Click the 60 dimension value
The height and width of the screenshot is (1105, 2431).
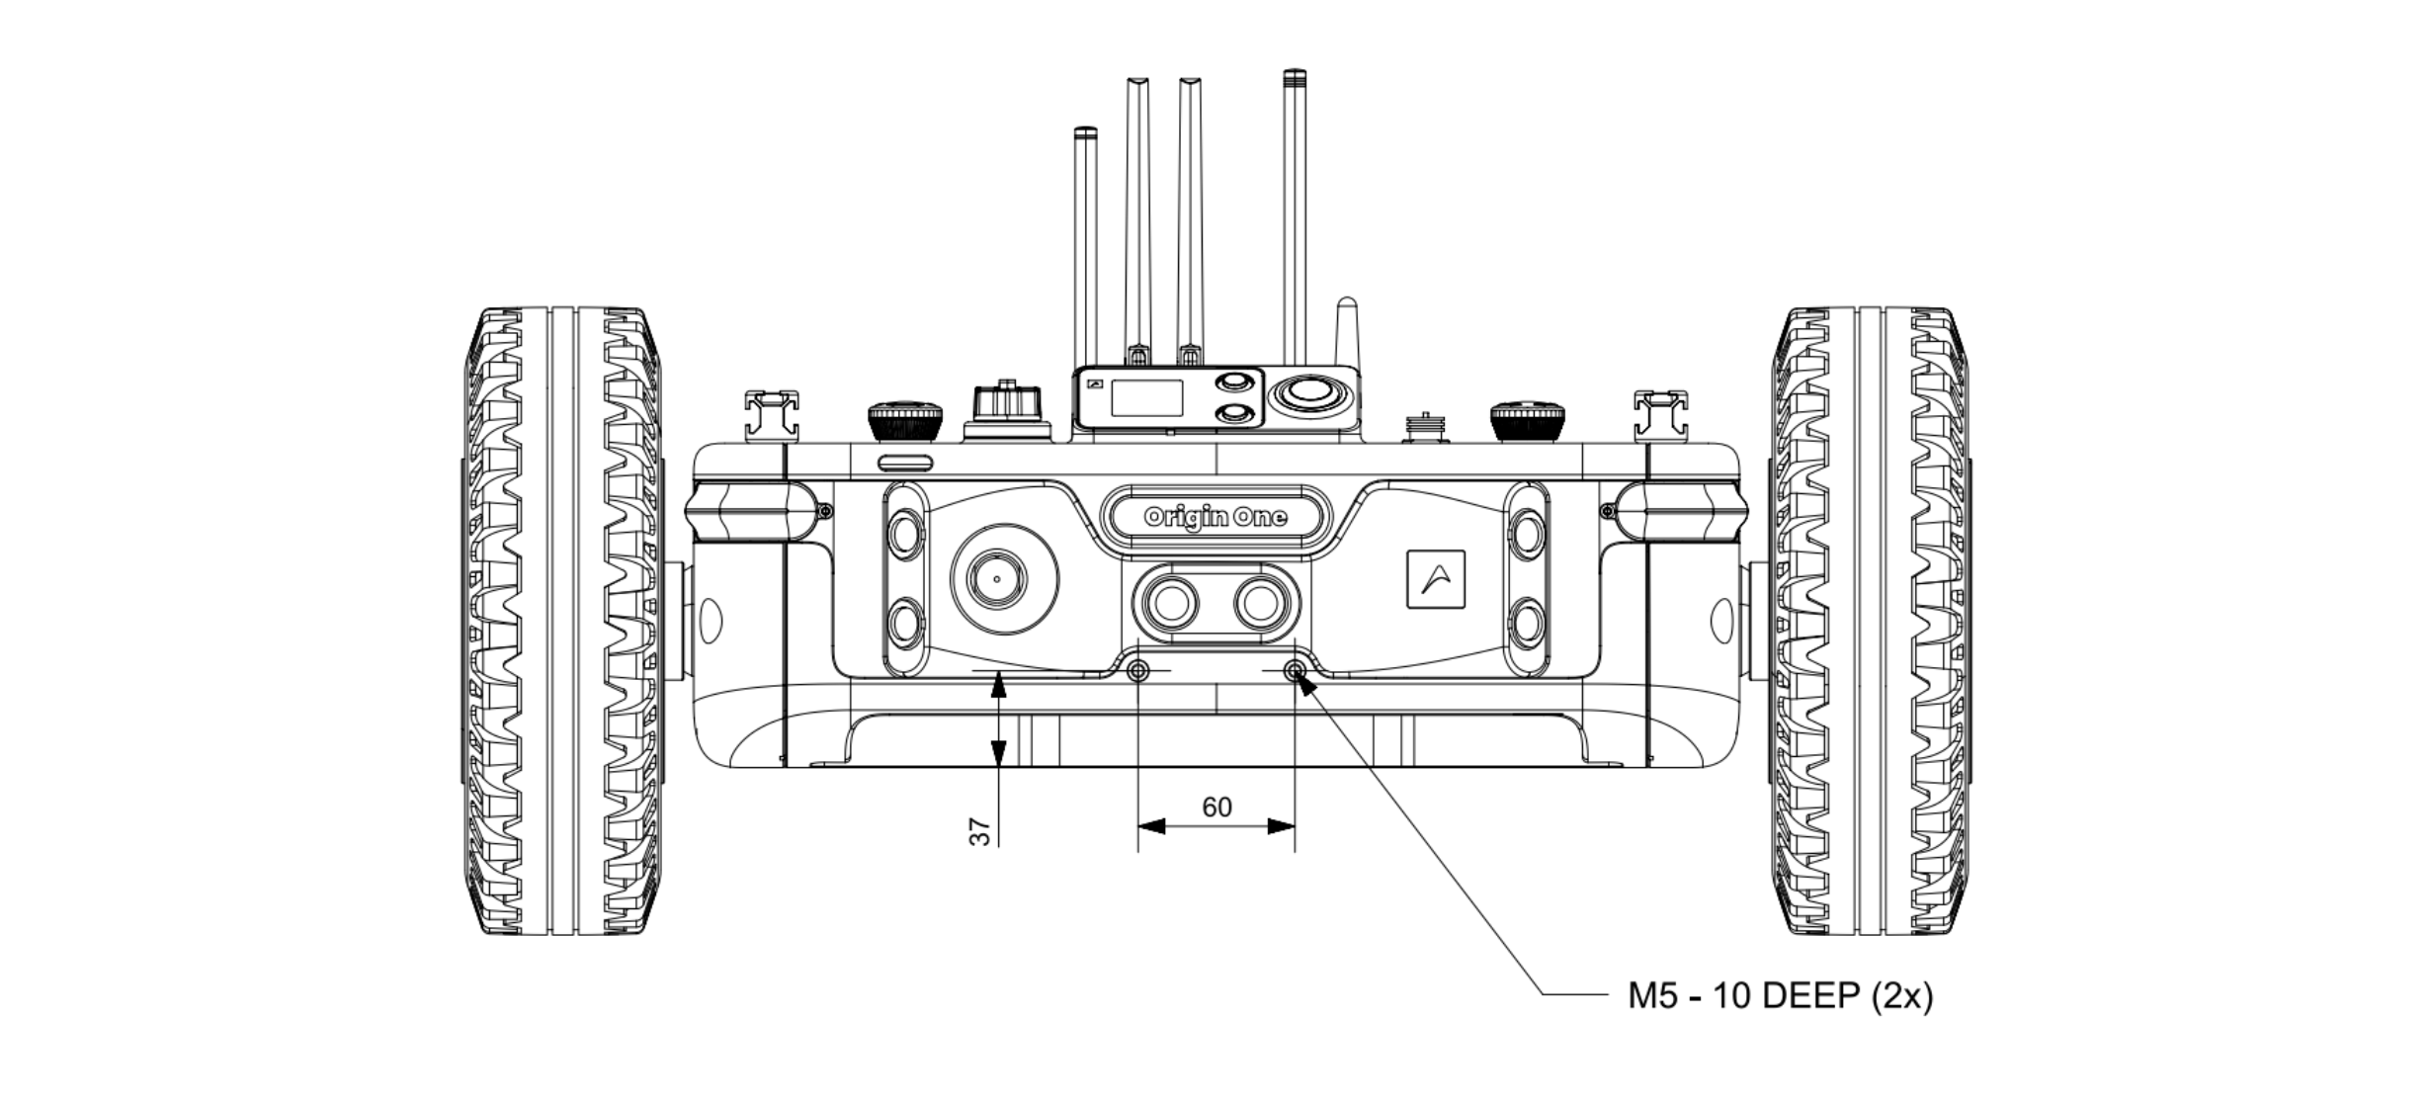[x=1216, y=807]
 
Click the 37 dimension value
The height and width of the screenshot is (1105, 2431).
[x=979, y=831]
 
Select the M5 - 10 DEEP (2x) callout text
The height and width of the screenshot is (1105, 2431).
[x=1780, y=996]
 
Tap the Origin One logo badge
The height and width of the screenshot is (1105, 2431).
[x=1215, y=516]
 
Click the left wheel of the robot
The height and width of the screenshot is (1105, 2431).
[x=560, y=621]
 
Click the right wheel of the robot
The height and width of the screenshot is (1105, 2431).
[x=1870, y=621]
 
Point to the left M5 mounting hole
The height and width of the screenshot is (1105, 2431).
[x=1138, y=672]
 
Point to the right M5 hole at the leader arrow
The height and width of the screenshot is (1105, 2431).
[x=1294, y=672]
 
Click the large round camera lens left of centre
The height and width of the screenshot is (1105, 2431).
[x=1004, y=578]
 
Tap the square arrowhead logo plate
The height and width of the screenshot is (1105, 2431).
[x=1435, y=578]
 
